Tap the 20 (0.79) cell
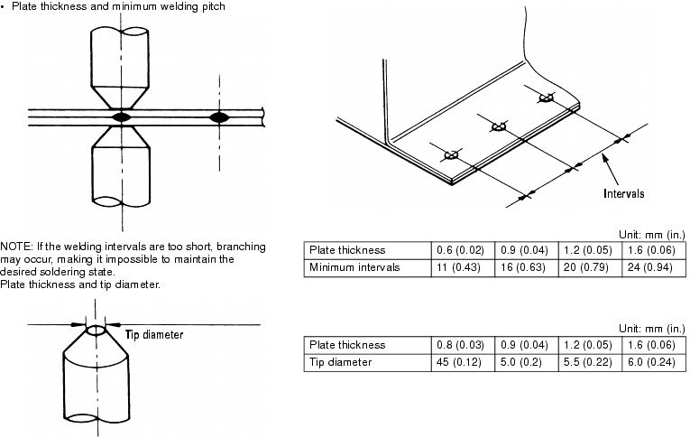[589, 267]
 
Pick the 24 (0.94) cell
[653, 267]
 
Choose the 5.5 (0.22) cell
[589, 362]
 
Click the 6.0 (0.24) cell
[653, 362]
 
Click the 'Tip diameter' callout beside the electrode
[153, 334]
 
